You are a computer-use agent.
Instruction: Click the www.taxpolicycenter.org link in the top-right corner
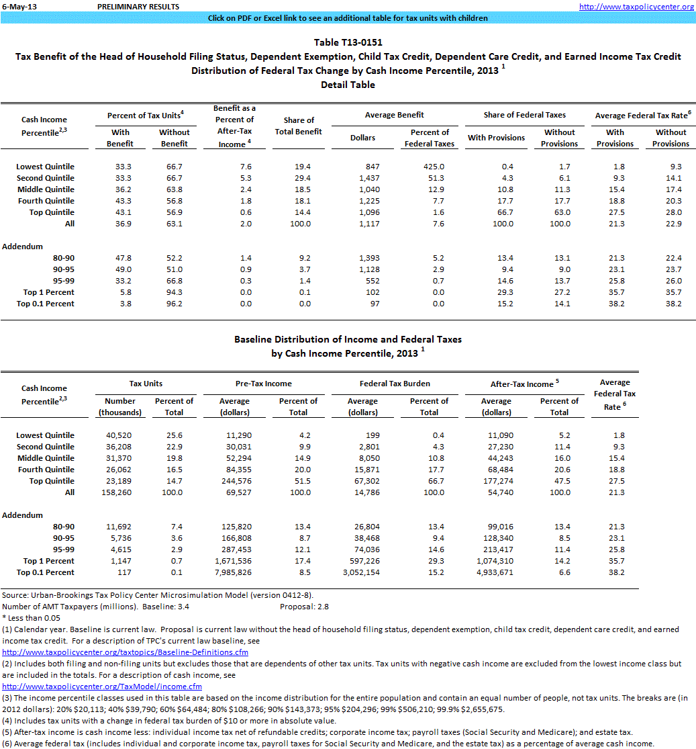coord(636,7)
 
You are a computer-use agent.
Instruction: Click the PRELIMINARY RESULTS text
coord(138,7)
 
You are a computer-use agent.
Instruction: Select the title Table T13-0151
coord(348,42)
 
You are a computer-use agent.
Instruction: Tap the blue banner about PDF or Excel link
coord(348,18)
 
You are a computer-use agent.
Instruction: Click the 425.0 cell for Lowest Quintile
coord(430,167)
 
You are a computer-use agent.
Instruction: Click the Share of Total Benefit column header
coord(294,126)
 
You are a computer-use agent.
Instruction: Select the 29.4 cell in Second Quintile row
coord(294,178)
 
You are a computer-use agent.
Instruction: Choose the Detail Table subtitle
coord(348,85)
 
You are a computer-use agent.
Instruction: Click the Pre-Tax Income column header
coord(263,384)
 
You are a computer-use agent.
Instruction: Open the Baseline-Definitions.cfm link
coord(126,652)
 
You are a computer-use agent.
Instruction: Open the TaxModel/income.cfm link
coord(102,686)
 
